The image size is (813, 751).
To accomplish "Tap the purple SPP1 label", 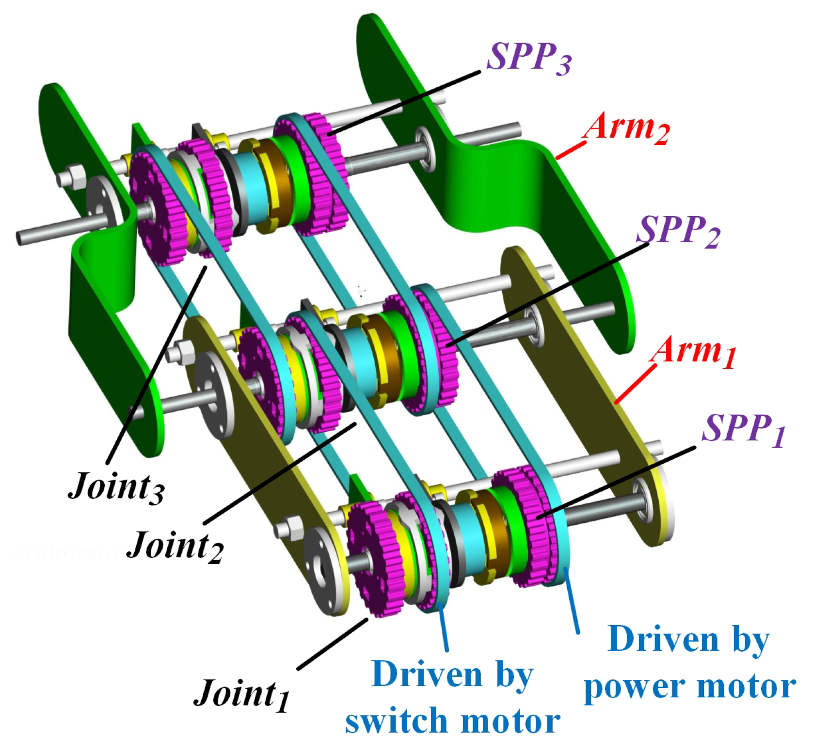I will (x=743, y=429).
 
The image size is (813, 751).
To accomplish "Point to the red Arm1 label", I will (x=693, y=351).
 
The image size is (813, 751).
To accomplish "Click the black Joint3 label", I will (x=116, y=486).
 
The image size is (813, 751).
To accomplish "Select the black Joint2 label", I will (x=175, y=546).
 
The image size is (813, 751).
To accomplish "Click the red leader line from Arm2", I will (x=571, y=150).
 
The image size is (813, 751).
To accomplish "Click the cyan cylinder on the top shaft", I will (x=252, y=187).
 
